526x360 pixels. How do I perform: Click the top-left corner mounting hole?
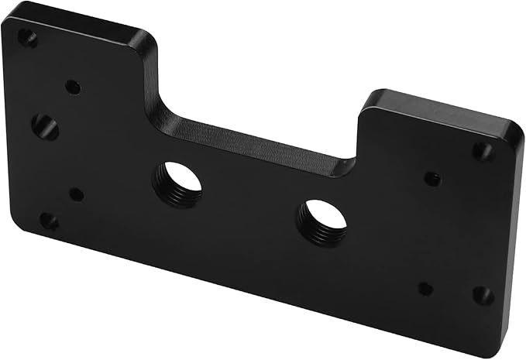coord(27,37)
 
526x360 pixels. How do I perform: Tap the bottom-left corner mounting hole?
coord(48,222)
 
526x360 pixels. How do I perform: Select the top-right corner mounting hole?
coord(483,151)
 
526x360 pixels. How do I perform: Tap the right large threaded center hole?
coord(321,222)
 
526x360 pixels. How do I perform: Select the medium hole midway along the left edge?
coord(45,127)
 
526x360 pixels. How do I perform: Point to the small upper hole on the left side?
coord(73,87)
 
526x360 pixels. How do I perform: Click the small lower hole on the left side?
coord(77,194)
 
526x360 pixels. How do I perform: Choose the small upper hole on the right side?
coord(432,179)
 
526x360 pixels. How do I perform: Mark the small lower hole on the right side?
coord(425,289)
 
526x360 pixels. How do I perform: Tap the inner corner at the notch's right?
coord(352,163)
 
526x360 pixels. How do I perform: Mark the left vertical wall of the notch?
coord(150,77)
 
